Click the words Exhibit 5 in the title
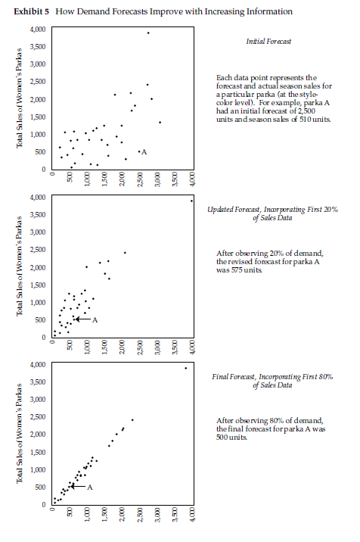(x=33, y=11)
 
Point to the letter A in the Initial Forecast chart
(x=144, y=152)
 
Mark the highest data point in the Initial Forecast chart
(x=148, y=33)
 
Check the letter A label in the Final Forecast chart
(x=89, y=486)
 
